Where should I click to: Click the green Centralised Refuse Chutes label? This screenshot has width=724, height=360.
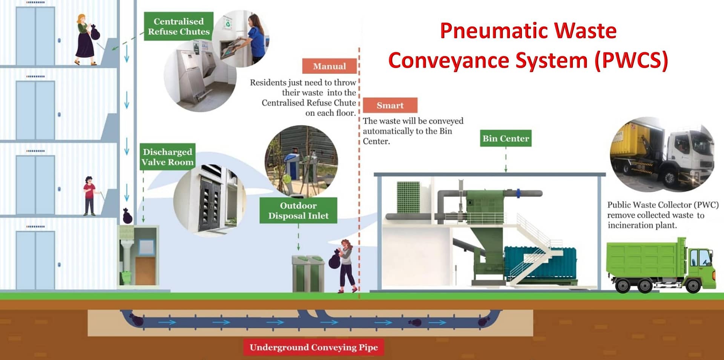pyautogui.click(x=179, y=26)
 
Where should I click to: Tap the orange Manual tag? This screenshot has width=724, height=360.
pyautogui.click(x=329, y=66)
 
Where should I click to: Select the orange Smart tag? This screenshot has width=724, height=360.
pyautogui.click(x=390, y=105)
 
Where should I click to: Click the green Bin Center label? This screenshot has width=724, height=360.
pyautogui.click(x=506, y=138)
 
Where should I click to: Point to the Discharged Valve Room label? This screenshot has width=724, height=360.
pyautogui.click(x=167, y=157)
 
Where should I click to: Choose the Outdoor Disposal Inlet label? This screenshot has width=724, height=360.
pyautogui.click(x=298, y=210)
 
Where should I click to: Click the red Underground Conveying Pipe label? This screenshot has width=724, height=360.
pyautogui.click(x=314, y=347)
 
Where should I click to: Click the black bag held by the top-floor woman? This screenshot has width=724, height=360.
pyautogui.click(x=95, y=33)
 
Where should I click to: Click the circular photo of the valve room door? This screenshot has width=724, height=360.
pyautogui.click(x=210, y=200)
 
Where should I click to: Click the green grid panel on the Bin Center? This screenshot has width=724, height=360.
pyautogui.click(x=408, y=197)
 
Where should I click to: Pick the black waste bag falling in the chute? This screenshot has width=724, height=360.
pyautogui.click(x=127, y=216)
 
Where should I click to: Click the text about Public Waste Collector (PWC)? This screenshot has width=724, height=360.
pyautogui.click(x=663, y=215)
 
